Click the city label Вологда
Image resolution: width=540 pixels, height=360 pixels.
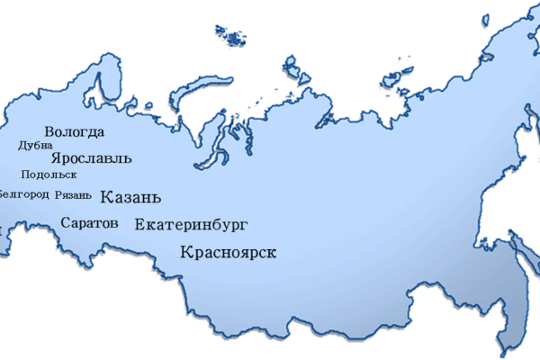pyautogui.click(x=74, y=132)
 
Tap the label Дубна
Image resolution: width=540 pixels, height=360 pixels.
pyautogui.click(x=36, y=145)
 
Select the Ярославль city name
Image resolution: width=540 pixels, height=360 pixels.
pyautogui.click(x=92, y=158)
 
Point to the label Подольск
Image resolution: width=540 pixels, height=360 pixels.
pyautogui.click(x=48, y=175)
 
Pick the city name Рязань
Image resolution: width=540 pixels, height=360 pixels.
pyautogui.click(x=73, y=194)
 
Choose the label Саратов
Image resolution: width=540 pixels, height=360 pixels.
pyautogui.click(x=89, y=222)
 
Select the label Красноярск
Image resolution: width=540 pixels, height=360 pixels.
pyautogui.click(x=228, y=253)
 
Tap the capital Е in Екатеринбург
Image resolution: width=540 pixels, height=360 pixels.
pyautogui.click(x=139, y=225)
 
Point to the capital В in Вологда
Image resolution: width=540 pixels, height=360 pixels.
pyautogui.click(x=49, y=132)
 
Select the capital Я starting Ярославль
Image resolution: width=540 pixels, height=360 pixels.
pyautogui.click(x=57, y=157)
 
